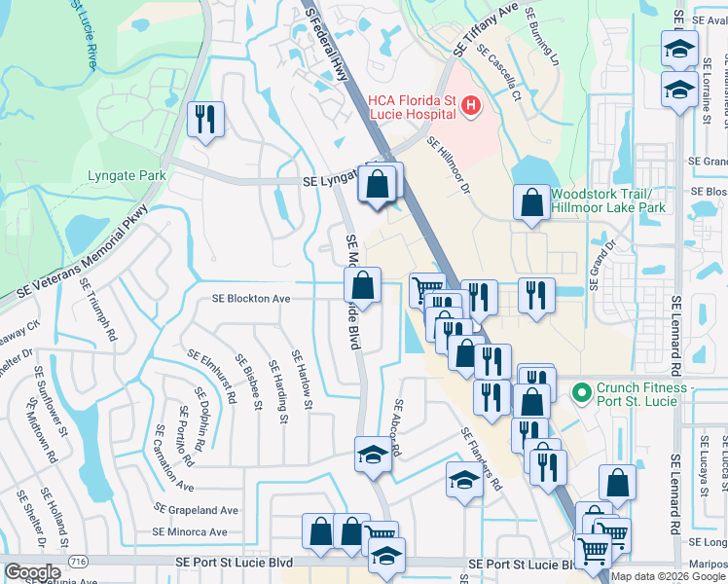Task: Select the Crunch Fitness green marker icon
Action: pyautogui.click(x=582, y=394)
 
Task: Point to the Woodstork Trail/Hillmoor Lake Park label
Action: pyautogui.click(x=607, y=201)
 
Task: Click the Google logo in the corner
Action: pyautogui.click(x=31, y=571)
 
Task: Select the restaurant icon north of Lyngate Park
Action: pyautogui.click(x=205, y=120)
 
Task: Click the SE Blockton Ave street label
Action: pyautogui.click(x=252, y=299)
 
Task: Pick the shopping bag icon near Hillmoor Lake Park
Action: pyautogui.click(x=531, y=202)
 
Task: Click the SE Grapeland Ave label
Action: pyautogui.click(x=197, y=510)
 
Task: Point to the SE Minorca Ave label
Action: pyautogui.click(x=189, y=532)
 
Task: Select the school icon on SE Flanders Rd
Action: pyautogui.click(x=464, y=479)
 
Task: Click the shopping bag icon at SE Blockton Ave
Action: pyautogui.click(x=361, y=286)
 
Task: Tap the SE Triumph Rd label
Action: pyautogui.click(x=99, y=309)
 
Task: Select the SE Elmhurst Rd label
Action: pyautogui.click(x=216, y=377)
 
